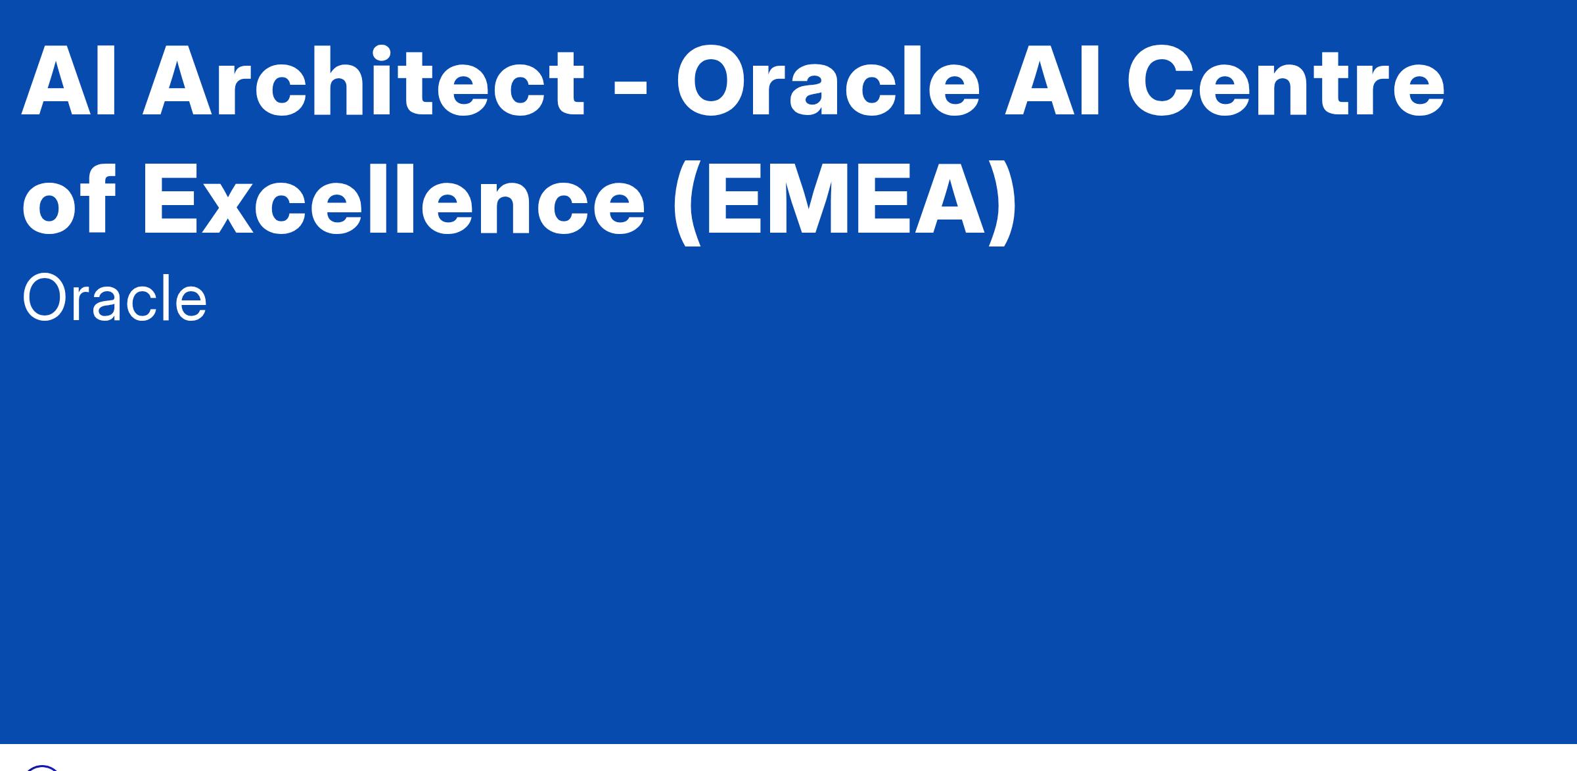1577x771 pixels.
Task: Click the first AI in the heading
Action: tap(68, 82)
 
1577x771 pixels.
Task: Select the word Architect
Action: tap(363, 80)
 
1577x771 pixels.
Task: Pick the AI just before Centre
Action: tap(1053, 82)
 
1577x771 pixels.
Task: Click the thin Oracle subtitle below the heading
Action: tap(114, 299)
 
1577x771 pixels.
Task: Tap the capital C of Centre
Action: tap(1162, 82)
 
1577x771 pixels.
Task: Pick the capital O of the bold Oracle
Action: tap(714, 82)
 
